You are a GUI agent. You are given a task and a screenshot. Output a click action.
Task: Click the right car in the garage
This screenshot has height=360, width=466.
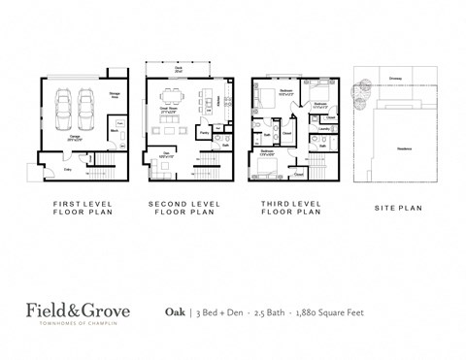click(86, 104)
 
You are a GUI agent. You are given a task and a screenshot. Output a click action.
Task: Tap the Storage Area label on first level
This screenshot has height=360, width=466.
click(114, 96)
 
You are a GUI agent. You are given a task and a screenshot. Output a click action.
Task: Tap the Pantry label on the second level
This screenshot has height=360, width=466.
click(204, 131)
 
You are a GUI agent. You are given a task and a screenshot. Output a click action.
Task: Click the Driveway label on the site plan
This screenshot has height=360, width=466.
click(395, 78)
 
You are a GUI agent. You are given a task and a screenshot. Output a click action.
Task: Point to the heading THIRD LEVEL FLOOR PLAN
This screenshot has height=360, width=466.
click(290, 208)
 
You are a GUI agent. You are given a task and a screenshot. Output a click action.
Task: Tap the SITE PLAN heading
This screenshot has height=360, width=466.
click(397, 208)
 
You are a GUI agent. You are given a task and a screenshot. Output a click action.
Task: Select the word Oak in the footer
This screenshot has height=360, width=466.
click(175, 311)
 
